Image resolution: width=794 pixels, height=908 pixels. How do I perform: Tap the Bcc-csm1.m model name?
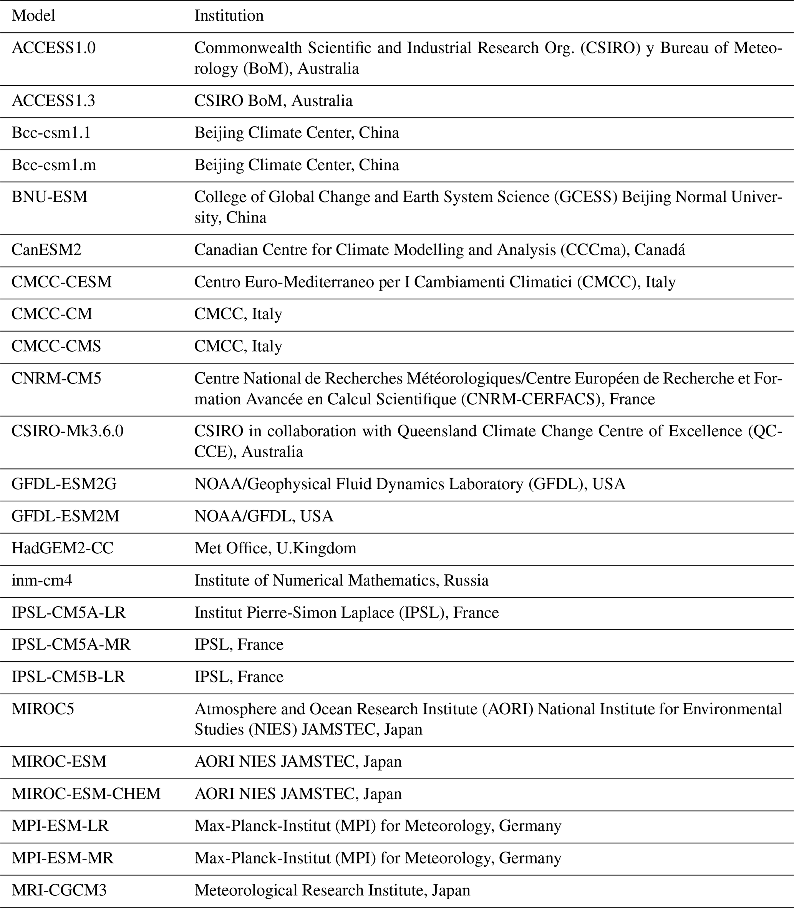pos(54,165)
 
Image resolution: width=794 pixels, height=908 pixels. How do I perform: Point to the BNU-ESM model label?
pos(50,197)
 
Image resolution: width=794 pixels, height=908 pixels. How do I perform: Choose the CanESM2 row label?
pos(46,250)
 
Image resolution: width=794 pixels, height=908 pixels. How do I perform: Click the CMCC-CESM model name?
pos(61,282)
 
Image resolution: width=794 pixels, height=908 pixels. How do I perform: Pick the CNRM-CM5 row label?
pos(56,378)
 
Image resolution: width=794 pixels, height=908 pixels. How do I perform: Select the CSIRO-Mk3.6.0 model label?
pos(67,431)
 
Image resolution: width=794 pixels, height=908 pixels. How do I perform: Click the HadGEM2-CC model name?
pos(63,548)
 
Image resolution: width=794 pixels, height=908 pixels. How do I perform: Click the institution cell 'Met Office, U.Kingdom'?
pos(275,548)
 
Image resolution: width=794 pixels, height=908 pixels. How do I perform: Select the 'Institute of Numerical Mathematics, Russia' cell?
pos(341,581)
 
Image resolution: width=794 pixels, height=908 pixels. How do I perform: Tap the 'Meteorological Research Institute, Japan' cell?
pos(332,890)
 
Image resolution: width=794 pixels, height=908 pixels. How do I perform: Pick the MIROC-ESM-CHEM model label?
pos(86,793)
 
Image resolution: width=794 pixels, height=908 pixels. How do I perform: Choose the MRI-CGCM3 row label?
pos(59,890)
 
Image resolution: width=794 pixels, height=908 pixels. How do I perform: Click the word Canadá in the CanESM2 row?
pos(660,250)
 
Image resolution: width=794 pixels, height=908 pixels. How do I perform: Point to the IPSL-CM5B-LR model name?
pos(68,677)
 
